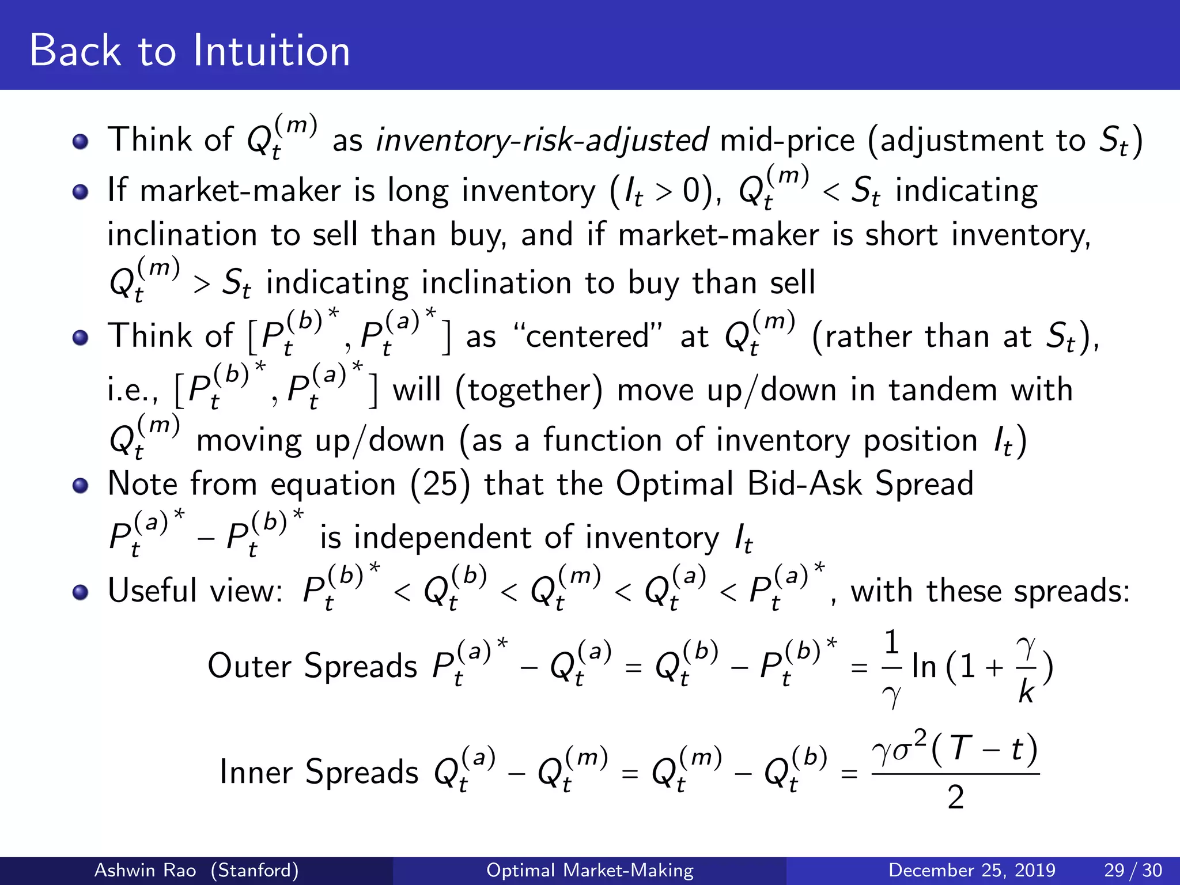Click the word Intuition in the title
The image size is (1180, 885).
coord(271,51)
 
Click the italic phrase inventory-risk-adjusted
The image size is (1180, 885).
coord(542,141)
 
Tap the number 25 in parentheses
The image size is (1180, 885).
coord(440,484)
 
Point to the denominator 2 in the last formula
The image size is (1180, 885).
coord(955,798)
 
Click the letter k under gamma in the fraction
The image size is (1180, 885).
coord(1026,691)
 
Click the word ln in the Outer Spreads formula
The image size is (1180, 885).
coord(924,667)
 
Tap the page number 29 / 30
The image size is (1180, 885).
coord(1133,870)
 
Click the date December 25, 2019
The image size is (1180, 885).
coord(971,870)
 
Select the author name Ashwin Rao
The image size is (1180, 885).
coord(145,870)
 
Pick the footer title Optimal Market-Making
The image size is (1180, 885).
coord(589,870)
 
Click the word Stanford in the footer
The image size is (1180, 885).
coord(254,870)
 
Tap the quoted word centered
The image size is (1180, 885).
coord(587,336)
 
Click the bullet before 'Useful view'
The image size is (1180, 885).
coord(81,592)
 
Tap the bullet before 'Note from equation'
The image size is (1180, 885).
coord(81,485)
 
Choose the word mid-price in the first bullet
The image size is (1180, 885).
coord(787,141)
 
